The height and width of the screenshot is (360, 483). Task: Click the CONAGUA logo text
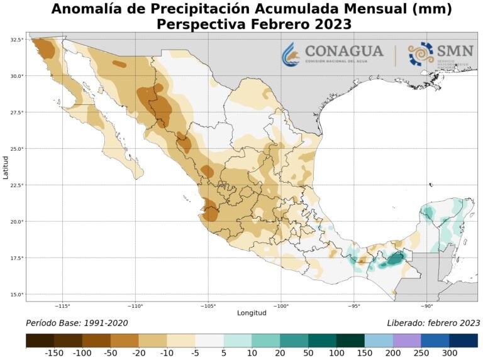(343, 51)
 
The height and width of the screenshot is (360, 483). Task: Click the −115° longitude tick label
(63, 307)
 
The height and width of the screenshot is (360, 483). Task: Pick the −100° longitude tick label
(280, 307)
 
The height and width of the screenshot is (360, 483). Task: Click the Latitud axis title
(6, 166)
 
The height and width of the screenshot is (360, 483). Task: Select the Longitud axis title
(252, 313)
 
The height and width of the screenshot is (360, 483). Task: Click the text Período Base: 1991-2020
(77, 323)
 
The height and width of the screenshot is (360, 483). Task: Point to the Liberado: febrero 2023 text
(433, 323)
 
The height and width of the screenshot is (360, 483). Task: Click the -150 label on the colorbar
(54, 354)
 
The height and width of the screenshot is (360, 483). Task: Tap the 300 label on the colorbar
(449, 354)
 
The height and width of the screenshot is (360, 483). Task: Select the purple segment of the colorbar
(407, 341)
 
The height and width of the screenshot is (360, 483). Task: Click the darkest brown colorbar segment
(40, 341)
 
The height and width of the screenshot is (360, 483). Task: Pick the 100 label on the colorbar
(336, 354)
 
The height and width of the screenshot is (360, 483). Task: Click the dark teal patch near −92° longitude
(396, 258)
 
